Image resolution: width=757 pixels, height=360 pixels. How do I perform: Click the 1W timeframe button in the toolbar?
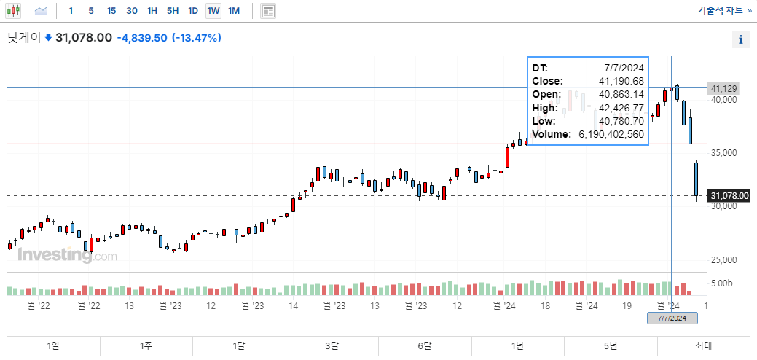pyautogui.click(x=213, y=11)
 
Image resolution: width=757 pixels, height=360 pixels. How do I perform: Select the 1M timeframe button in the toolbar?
pyautogui.click(x=233, y=11)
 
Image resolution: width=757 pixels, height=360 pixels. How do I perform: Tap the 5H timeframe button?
pyautogui.click(x=173, y=11)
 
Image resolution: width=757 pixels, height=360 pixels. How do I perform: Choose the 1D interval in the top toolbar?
pyautogui.click(x=193, y=11)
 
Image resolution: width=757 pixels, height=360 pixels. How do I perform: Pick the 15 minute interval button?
pyautogui.click(x=111, y=11)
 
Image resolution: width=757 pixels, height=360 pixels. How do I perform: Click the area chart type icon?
pyautogui.click(x=41, y=11)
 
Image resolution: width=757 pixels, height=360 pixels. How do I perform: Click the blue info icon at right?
pyautogui.click(x=741, y=40)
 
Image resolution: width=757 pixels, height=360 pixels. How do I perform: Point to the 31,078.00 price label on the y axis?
pyautogui.click(x=729, y=196)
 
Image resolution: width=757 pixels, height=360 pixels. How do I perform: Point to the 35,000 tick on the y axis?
pyautogui.click(x=724, y=153)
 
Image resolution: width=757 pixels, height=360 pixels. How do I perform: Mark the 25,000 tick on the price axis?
pyautogui.click(x=724, y=260)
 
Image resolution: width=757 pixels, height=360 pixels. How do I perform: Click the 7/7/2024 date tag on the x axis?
pyautogui.click(x=672, y=318)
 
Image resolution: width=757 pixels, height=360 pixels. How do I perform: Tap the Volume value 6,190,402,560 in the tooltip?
pyautogui.click(x=611, y=135)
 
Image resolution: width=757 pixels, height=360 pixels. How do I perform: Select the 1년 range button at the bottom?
pyautogui.click(x=518, y=345)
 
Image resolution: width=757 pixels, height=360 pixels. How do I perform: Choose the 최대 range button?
pyautogui.click(x=703, y=345)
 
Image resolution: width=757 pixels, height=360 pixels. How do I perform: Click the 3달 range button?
pyautogui.click(x=332, y=345)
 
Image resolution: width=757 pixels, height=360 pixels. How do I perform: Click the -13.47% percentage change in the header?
pyautogui.click(x=196, y=38)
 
